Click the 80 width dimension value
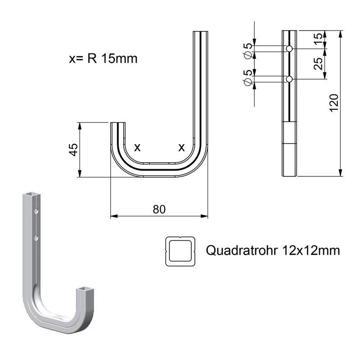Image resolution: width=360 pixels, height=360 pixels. pos(159,209)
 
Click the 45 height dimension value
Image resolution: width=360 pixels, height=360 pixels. pos(74,150)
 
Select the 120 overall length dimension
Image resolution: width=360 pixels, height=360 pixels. pos(334,103)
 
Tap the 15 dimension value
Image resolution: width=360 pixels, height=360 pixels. pos(318,39)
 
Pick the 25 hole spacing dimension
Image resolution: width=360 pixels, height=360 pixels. pos(318,63)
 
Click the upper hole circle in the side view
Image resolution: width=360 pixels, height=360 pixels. pos(289,49)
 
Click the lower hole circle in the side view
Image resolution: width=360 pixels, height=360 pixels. pos(289,79)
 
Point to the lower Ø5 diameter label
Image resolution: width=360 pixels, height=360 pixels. pos(248,78)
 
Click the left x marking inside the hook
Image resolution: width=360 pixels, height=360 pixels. pos(137,148)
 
